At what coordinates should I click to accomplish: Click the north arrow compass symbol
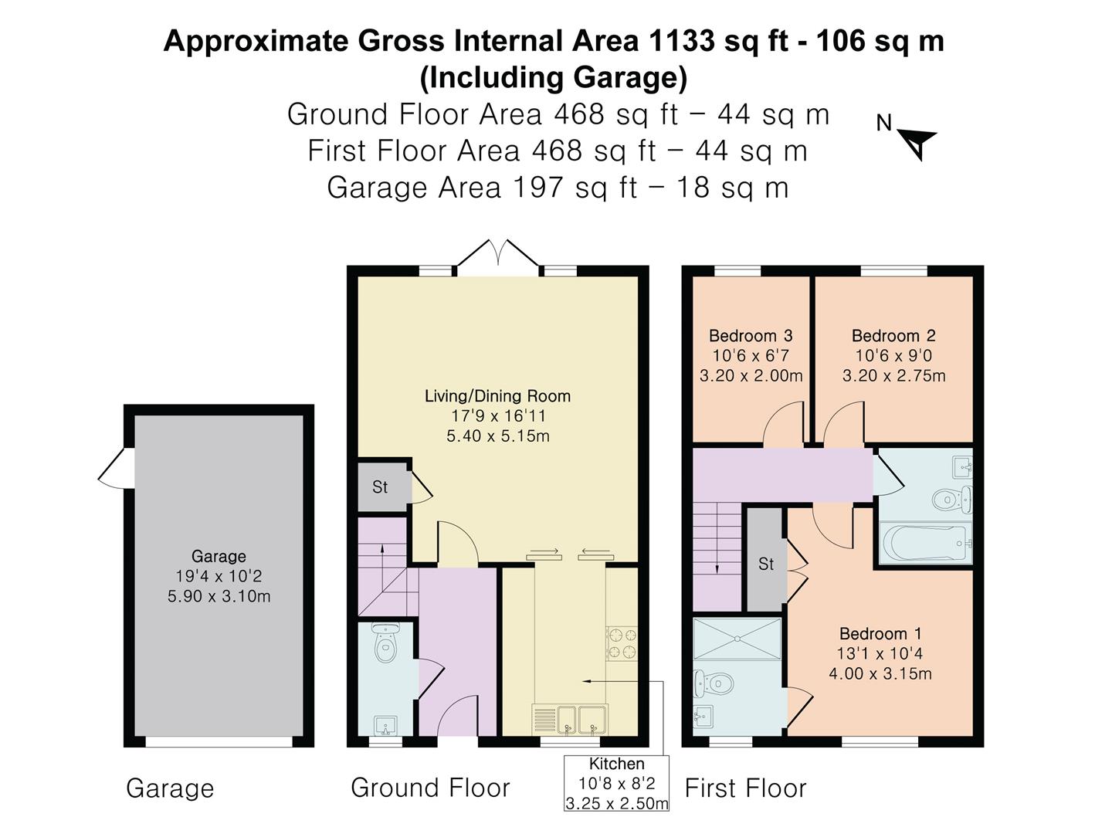point(917,142)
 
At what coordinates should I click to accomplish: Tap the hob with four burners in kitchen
point(622,644)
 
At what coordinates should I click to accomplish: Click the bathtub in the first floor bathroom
point(924,544)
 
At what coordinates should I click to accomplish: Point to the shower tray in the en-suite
point(737,639)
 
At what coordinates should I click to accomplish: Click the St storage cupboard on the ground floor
point(381,487)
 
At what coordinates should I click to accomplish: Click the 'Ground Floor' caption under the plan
point(430,788)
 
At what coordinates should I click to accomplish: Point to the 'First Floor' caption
point(745,788)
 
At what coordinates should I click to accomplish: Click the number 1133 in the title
point(682,41)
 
